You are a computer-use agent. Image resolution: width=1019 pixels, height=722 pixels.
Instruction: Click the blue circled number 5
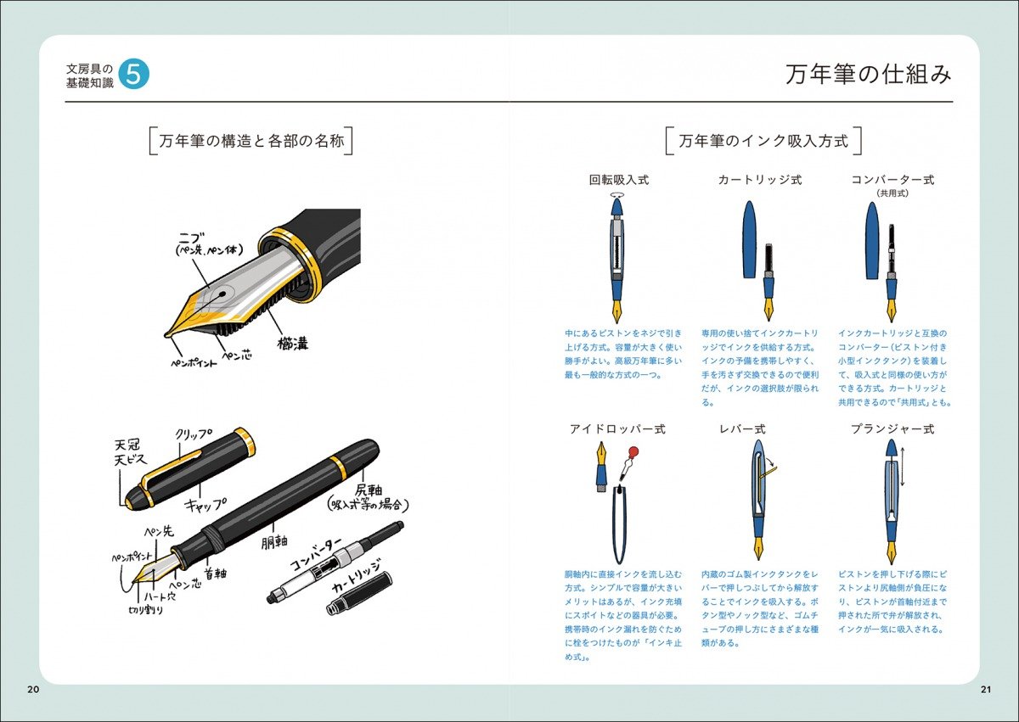pos(133,75)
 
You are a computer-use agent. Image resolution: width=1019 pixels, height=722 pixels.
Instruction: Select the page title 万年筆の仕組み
pos(868,75)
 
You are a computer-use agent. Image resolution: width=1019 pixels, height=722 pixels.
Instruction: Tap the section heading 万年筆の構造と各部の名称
pos(251,141)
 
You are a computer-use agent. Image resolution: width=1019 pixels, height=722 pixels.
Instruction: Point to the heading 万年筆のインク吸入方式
pos(763,141)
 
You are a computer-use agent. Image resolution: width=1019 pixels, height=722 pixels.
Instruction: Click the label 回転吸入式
pos(619,180)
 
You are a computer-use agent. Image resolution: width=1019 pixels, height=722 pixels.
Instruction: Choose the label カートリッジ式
pos(759,180)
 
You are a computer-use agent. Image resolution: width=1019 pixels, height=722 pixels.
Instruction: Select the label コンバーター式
pos(892,180)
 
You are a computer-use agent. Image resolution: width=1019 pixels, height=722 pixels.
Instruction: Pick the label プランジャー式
pos(892,429)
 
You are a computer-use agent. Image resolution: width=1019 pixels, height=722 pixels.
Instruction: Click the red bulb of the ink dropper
pos(633,451)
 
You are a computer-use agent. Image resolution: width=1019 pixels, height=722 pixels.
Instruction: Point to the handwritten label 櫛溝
pos(292,344)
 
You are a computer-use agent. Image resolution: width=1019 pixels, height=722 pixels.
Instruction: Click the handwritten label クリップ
pos(193,435)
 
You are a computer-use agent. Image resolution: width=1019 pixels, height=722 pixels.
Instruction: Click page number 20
pos(33,689)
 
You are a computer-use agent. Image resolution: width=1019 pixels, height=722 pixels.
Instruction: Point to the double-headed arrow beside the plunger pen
pos(903,467)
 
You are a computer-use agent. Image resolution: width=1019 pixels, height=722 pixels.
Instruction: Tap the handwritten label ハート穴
pos(158,596)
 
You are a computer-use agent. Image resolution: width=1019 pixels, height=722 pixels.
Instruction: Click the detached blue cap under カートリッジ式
pos(749,239)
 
